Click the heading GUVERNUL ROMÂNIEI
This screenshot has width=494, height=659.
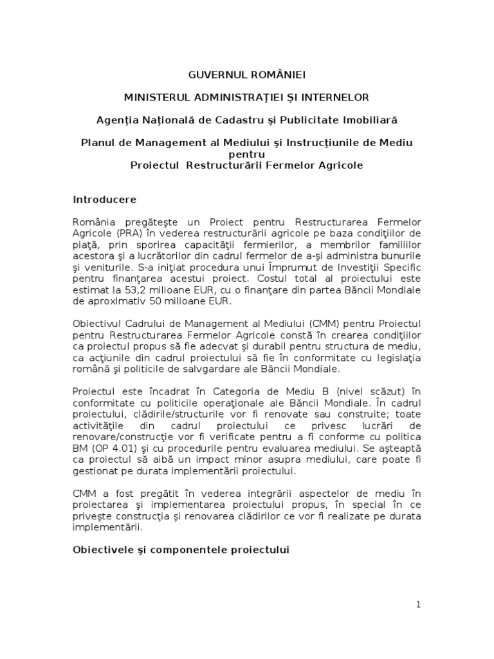point(247,75)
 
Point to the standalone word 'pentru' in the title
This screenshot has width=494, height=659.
point(246,154)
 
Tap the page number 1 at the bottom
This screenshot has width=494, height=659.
point(418,604)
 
